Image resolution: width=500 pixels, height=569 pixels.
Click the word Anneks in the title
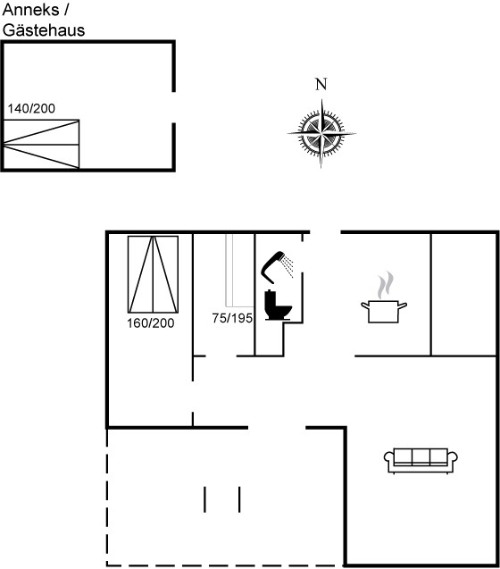tap(30, 10)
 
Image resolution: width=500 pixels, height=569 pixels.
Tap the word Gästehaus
tap(44, 30)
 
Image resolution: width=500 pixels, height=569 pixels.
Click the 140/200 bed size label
tap(31, 108)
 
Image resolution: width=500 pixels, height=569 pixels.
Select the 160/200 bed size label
tap(151, 323)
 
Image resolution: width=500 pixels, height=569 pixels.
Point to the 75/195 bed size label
tap(232, 318)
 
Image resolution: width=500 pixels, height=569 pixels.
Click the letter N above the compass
tap(321, 84)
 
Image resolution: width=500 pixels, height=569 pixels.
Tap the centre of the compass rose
tap(321, 134)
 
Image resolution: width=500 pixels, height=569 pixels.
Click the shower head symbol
tap(277, 267)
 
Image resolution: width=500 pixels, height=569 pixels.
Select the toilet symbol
tap(278, 305)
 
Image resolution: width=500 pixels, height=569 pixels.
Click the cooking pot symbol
tap(384, 312)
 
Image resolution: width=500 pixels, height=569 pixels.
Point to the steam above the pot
tap(385, 285)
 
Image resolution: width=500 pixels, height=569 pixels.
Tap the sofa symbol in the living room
tap(421, 461)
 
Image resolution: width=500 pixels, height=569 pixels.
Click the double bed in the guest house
tap(41, 144)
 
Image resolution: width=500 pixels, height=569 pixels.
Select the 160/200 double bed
tap(153, 274)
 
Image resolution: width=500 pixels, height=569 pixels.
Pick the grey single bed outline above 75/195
tap(239, 271)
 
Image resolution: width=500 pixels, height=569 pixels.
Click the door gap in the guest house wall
tap(174, 107)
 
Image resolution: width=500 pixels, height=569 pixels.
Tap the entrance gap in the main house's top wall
tap(326, 232)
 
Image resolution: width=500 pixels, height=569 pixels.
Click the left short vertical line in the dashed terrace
tap(204, 499)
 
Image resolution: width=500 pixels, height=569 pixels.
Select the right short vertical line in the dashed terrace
tap(239, 499)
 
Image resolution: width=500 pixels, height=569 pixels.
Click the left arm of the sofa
tap(389, 459)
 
